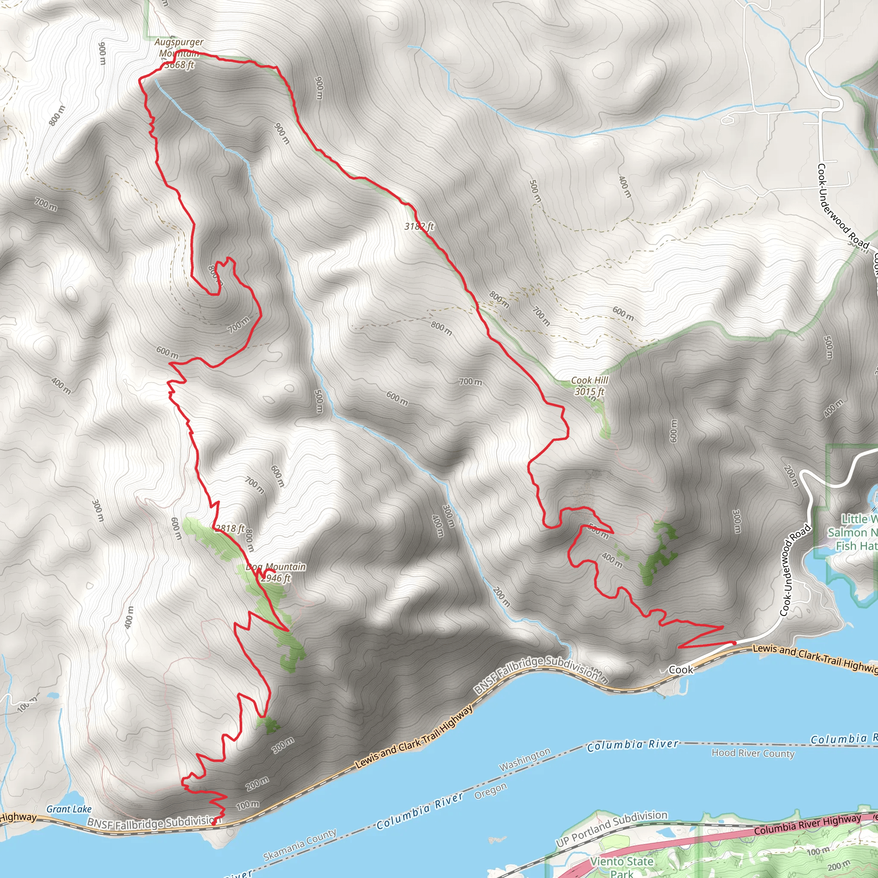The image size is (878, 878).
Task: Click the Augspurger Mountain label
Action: click(179, 47)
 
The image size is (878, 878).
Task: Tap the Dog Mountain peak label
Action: click(275, 567)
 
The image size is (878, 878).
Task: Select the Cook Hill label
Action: click(589, 380)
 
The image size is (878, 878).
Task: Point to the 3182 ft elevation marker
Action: click(419, 226)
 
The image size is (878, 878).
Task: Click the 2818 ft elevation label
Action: click(230, 528)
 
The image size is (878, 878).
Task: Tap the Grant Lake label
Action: click(69, 809)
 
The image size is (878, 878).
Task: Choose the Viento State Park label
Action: click(621, 866)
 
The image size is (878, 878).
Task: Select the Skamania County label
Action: click(300, 845)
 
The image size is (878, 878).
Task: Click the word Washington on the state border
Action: click(524, 759)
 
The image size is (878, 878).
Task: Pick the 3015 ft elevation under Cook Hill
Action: click(589, 391)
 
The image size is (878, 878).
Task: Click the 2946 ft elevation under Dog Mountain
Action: click(275, 578)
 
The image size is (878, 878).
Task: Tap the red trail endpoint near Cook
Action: click(733, 643)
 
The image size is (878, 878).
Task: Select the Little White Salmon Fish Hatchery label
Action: click(852, 532)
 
